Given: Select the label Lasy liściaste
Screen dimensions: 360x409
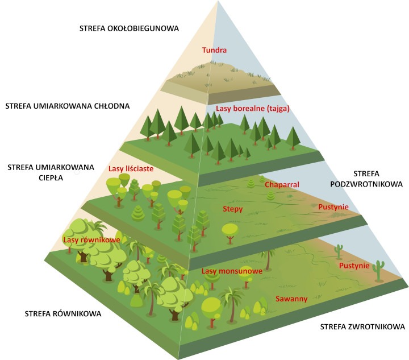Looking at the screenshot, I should click(131, 168).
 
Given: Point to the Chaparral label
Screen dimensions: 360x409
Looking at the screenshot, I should click(282, 185).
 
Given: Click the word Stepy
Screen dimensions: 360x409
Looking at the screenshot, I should click(233, 209).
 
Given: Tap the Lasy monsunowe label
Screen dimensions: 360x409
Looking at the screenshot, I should click(232, 271).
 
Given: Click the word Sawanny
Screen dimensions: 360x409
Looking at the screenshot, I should click(292, 299).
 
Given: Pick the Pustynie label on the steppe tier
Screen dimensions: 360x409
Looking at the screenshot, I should click(333, 207).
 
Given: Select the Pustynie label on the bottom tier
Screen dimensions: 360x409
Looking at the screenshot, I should click(354, 266).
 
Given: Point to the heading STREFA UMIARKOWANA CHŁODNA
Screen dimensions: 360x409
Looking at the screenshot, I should click(67, 106).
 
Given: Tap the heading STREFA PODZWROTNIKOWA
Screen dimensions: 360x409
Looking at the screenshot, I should click(369, 179).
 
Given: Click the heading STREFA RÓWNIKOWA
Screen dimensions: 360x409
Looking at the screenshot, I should click(63, 314).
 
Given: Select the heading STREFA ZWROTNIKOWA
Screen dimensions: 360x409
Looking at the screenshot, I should click(362, 327).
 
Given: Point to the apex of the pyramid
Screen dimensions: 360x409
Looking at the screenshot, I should click(218, 2).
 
